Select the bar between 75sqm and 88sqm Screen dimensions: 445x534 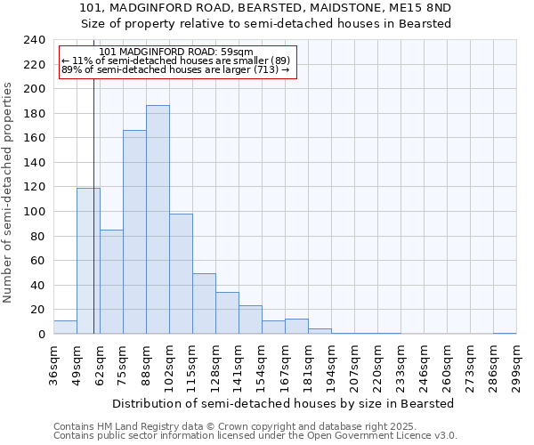(x=134, y=232)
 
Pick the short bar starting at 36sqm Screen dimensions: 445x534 (x=65, y=328)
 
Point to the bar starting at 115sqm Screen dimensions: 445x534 (x=204, y=303)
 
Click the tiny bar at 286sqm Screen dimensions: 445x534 (x=505, y=333)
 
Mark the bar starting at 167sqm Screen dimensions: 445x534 (x=296, y=327)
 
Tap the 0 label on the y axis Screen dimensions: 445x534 (x=41, y=335)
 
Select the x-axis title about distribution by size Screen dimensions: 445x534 (x=284, y=403)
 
